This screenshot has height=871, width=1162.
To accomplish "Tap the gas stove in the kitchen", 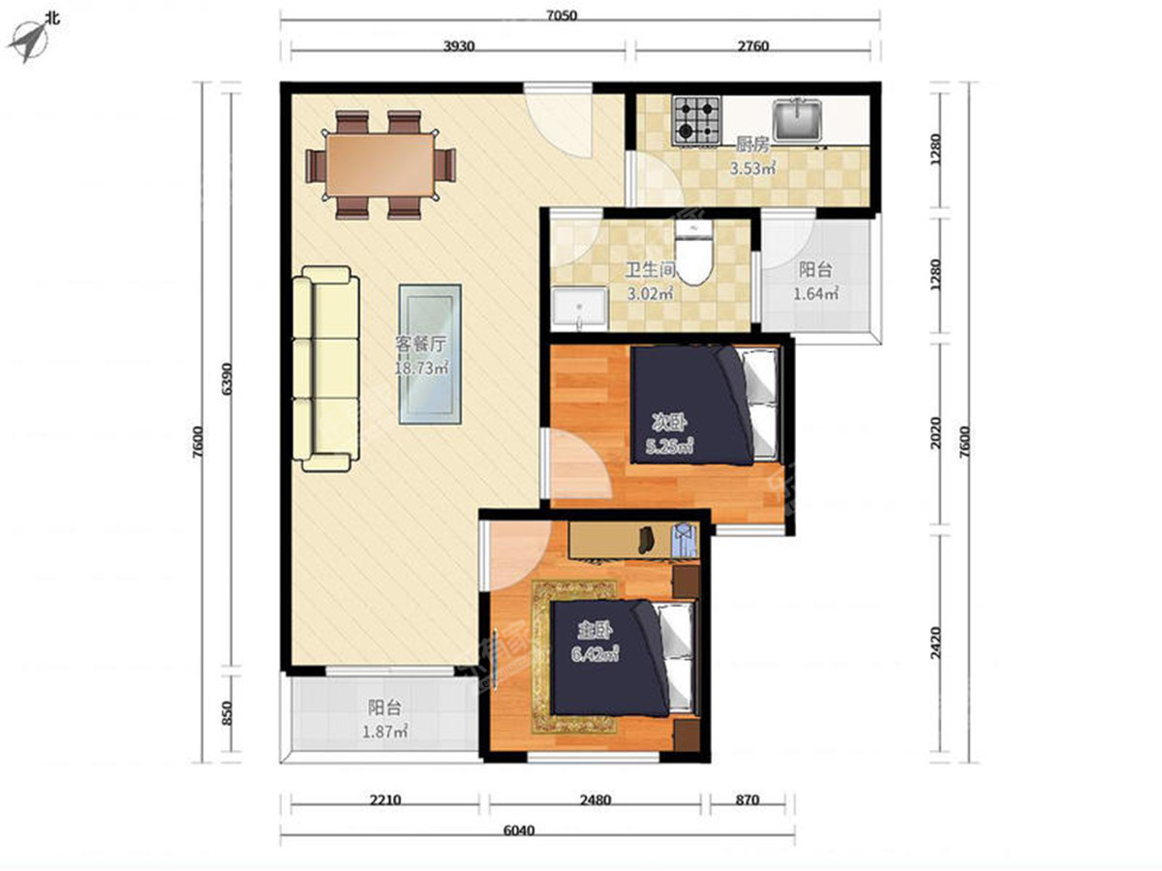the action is coord(695,121).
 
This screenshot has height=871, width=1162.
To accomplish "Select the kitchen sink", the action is coord(797,120).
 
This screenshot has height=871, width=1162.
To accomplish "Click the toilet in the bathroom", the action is coord(694,253).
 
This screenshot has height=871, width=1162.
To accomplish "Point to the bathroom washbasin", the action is coord(579,309).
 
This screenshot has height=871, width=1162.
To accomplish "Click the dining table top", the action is coord(381,165).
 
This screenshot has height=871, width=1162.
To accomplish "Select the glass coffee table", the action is coord(430,354).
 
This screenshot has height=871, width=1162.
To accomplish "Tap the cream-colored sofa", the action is coord(325,369).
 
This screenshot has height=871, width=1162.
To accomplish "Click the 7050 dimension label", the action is coord(562,15).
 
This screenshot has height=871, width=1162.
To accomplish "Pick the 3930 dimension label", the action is coord(458,46).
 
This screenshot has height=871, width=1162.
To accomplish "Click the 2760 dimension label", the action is coord(752,46).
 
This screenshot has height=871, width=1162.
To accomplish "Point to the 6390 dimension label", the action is coord(226,378).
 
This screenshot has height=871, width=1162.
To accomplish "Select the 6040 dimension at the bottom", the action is coord(518,830).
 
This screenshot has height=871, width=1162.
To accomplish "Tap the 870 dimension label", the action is coord(747,800).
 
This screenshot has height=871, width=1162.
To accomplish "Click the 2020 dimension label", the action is coord(936,434).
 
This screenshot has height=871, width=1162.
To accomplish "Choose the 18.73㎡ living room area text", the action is coord(421,368).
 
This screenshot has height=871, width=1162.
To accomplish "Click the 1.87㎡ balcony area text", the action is coord(384,733).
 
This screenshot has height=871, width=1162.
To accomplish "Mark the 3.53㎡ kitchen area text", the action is coord(752,168).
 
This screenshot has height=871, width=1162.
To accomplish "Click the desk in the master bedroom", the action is coord(634,540).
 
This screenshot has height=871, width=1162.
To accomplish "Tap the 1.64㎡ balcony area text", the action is coord(815,293).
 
